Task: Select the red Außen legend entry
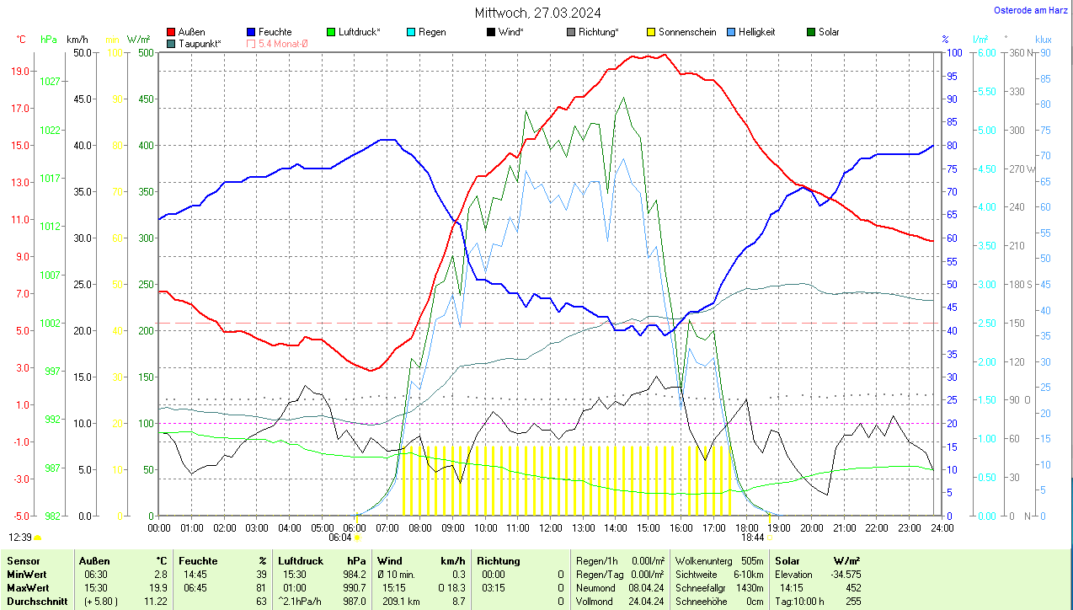[x=191, y=32]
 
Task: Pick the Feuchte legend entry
[x=275, y=32]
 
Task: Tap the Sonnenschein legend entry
[x=687, y=32]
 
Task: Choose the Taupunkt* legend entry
[x=200, y=43]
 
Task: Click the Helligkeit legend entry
[x=756, y=32]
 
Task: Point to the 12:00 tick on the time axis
[x=550, y=527]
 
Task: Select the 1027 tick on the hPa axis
[x=50, y=82]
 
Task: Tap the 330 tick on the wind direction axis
[x=1017, y=91]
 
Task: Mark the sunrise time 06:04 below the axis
[x=340, y=537]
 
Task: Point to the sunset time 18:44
[x=753, y=537]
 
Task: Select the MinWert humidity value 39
[x=260, y=574]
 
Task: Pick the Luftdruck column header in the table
[x=299, y=560]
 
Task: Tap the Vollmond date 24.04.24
[x=647, y=602]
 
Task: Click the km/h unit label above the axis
[x=77, y=40]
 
